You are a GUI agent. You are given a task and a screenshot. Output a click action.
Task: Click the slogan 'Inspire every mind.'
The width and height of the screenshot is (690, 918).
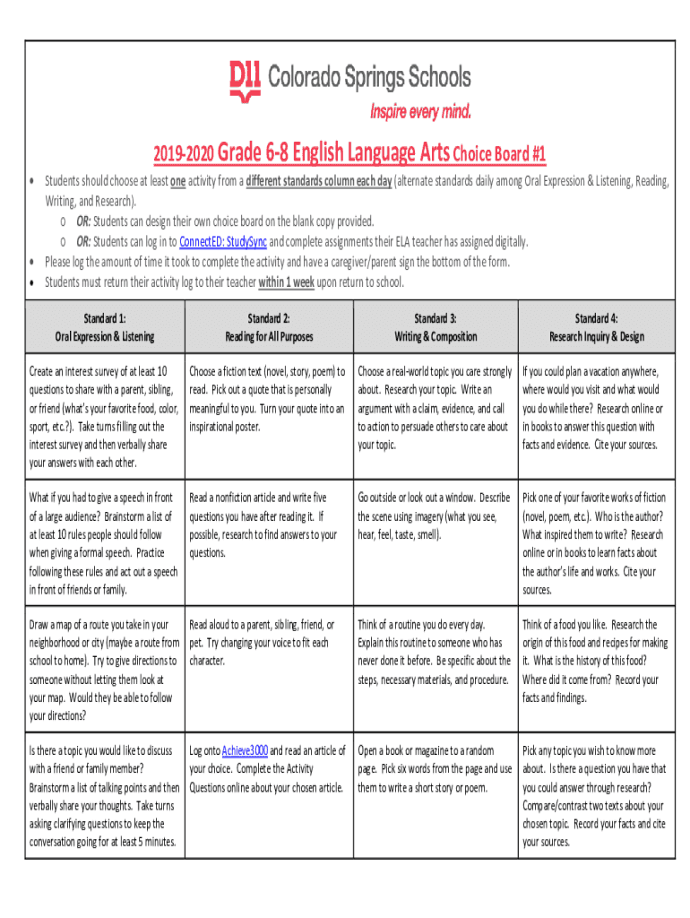point(420,112)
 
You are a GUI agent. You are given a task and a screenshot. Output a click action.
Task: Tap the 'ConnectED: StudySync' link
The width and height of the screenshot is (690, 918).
point(223,242)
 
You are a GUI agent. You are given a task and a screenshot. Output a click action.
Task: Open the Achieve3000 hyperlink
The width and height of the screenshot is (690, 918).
point(245,750)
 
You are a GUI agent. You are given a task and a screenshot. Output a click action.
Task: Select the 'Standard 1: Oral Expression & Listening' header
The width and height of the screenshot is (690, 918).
point(105,327)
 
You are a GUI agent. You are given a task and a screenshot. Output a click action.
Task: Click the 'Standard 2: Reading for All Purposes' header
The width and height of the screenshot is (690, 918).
point(269,327)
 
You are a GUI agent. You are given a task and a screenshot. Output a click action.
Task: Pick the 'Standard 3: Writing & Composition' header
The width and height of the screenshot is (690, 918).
point(436,327)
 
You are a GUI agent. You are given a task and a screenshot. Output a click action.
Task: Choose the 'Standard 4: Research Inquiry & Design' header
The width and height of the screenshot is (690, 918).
point(596,327)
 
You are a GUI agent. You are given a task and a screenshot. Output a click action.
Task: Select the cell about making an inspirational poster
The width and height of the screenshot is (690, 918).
point(269,399)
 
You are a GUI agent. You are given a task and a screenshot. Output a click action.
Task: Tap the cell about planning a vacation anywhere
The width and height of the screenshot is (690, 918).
point(596,408)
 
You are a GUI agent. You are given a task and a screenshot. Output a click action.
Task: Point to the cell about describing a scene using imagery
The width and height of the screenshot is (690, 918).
point(436,515)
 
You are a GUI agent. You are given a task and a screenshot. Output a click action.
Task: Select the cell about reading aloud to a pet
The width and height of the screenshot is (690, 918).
point(269,642)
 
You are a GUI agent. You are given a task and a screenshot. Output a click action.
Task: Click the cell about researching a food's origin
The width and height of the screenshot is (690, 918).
point(596,661)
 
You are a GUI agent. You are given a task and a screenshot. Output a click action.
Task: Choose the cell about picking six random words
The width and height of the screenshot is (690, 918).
point(436,769)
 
